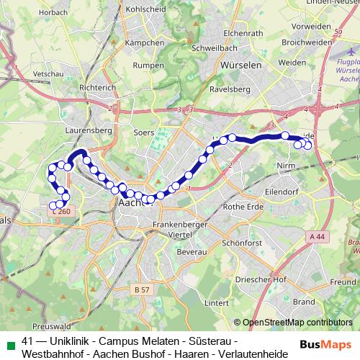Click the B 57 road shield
143,289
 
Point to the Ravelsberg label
228,90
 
